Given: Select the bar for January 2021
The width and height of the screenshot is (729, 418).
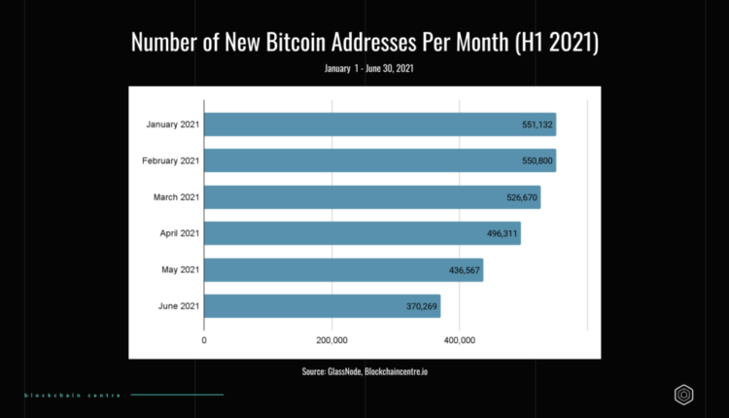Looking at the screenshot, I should (379, 124).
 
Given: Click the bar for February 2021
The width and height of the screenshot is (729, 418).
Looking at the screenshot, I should (379, 160).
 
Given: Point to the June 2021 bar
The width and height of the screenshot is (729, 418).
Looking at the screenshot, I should (322, 306).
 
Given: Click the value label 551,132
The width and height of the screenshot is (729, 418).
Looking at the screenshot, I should (538, 125).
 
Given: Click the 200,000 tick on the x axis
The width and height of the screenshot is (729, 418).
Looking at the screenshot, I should (331, 341).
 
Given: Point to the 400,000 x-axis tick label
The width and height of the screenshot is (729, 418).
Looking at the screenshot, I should (459, 341).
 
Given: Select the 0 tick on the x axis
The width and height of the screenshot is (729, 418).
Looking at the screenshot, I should (204, 341).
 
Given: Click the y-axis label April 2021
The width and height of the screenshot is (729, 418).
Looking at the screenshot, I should (179, 233).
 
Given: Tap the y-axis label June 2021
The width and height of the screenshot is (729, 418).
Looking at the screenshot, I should (178, 306).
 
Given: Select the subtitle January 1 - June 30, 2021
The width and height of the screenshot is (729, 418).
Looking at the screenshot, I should (364, 68).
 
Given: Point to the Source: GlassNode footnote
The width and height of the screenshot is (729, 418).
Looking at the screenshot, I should (364, 371).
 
